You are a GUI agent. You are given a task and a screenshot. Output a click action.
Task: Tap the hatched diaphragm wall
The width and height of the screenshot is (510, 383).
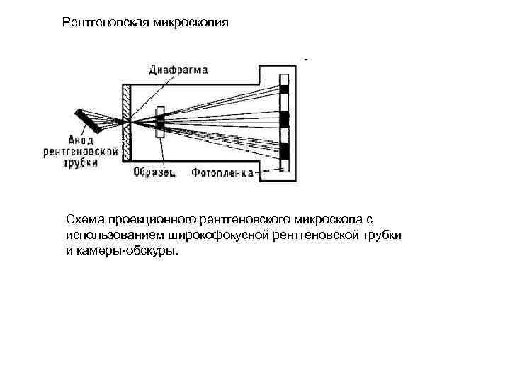pyautogui.click(x=127, y=122)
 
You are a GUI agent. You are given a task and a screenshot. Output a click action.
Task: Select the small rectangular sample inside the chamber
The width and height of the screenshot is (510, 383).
pyautogui.click(x=160, y=122)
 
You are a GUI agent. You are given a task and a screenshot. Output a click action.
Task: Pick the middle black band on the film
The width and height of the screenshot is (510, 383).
pyautogui.click(x=285, y=119)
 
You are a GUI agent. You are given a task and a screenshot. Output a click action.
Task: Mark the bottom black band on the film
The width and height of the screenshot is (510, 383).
pyautogui.click(x=285, y=150)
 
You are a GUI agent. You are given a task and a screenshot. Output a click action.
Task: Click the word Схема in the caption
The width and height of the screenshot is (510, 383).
pyautogui.click(x=83, y=217)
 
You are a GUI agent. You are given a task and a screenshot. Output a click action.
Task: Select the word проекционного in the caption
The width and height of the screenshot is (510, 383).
pyautogui.click(x=149, y=217)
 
